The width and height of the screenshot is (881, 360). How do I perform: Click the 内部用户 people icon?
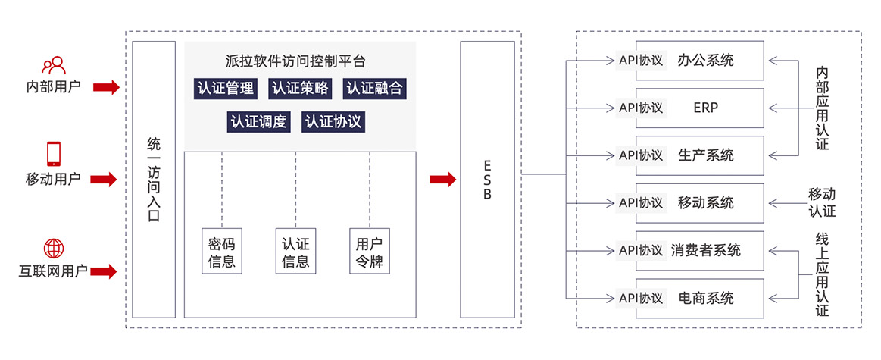[54, 65]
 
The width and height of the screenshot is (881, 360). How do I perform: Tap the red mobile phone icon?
[54, 154]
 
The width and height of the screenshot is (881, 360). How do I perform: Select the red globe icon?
[54, 248]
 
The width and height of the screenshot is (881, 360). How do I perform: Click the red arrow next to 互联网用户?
[105, 271]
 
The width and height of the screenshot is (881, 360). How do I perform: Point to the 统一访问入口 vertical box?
[154, 180]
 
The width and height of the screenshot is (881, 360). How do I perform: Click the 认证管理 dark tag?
[226, 89]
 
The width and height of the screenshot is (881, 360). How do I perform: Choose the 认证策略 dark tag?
[300, 89]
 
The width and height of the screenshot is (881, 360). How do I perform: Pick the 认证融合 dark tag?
[374, 89]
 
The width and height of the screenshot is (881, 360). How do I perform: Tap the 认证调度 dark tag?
[259, 122]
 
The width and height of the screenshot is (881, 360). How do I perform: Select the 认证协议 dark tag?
[334, 122]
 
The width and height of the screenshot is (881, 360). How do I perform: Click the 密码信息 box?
[222, 251]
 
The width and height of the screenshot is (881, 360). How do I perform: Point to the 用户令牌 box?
[369, 251]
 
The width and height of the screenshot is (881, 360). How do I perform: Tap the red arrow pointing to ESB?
[443, 180]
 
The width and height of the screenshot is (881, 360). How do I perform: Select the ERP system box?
[700, 108]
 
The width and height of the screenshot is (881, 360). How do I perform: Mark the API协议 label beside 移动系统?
[641, 202]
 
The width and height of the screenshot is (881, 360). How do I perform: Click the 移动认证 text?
[822, 202]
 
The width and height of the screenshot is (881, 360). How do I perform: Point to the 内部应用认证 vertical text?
[822, 108]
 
